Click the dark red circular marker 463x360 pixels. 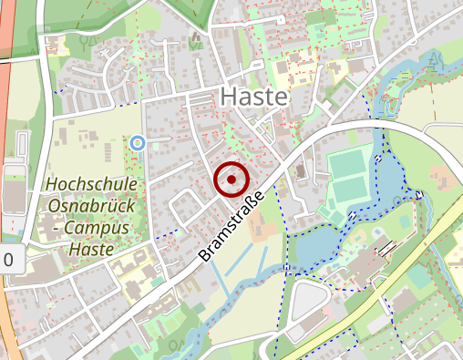(231, 180)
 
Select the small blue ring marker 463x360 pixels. (138, 142)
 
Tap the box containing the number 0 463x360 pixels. (9, 260)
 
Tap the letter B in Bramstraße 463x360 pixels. (204, 256)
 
